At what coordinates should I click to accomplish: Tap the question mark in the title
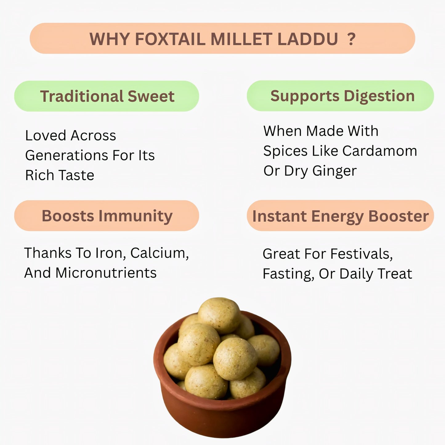tap(351, 39)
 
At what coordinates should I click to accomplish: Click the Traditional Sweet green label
tap(107, 96)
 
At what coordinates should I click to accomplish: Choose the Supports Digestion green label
tap(340, 96)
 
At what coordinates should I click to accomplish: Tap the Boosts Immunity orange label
tap(107, 216)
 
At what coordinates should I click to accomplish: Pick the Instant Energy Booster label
tap(340, 216)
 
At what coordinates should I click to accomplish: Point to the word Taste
tap(77, 175)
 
